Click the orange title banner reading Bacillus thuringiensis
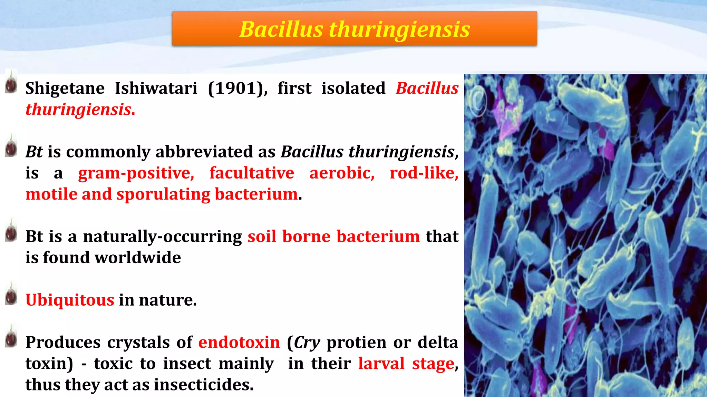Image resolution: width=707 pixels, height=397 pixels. [x=354, y=29]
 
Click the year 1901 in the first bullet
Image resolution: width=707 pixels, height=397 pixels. [x=237, y=88]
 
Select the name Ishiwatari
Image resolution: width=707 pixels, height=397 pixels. [x=156, y=88]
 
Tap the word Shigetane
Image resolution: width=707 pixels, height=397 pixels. [x=65, y=88]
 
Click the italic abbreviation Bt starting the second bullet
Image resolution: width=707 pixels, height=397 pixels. [x=34, y=152]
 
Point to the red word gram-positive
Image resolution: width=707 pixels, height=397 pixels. [x=136, y=173]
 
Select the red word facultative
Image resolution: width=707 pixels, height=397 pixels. [x=252, y=173]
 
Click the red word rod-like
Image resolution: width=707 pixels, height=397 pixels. [x=424, y=173]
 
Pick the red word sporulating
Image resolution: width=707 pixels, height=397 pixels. [x=163, y=194]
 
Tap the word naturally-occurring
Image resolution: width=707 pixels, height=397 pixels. [x=162, y=237]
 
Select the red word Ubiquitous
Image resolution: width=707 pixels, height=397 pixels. [x=70, y=300]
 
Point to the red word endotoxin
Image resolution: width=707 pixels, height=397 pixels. [x=239, y=343]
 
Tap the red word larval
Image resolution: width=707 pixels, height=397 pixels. [x=381, y=364]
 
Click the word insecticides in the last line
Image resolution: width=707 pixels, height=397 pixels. [x=203, y=385]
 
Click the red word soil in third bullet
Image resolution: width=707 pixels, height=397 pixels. [x=262, y=237]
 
